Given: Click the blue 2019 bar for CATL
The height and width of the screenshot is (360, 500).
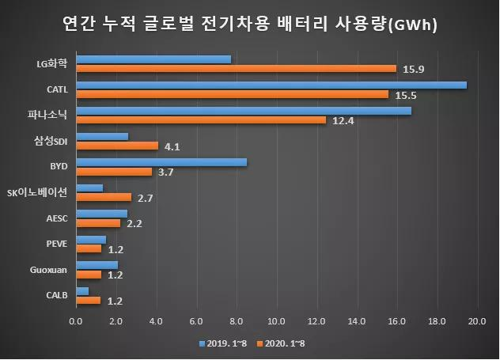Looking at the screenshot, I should tap(271, 85).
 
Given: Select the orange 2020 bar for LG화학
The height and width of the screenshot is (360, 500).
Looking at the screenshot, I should tap(236, 68).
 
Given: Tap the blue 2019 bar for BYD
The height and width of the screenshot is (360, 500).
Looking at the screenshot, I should tap(161, 162).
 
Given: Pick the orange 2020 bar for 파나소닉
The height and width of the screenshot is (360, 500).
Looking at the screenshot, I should tap(201, 120).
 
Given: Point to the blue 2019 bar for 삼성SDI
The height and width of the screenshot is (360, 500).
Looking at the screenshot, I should tap(102, 136).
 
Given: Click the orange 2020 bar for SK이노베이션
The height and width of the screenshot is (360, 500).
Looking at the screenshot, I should tap(104, 197).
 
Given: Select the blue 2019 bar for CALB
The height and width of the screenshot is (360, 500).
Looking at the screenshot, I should tap(82, 291).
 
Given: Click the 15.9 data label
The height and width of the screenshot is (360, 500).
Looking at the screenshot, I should tap(414, 69).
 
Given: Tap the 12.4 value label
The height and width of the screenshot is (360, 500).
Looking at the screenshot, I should tap(343, 120).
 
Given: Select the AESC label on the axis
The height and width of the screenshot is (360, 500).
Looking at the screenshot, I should tap(58, 218).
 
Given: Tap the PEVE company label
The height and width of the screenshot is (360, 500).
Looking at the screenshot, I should tap(58, 244).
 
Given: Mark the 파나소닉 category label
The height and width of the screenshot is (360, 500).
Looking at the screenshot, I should tap(51, 115).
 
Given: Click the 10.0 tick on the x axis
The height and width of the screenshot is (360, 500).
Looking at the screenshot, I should tap(277, 320).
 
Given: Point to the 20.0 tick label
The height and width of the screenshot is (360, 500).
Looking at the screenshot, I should tap(477, 320).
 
